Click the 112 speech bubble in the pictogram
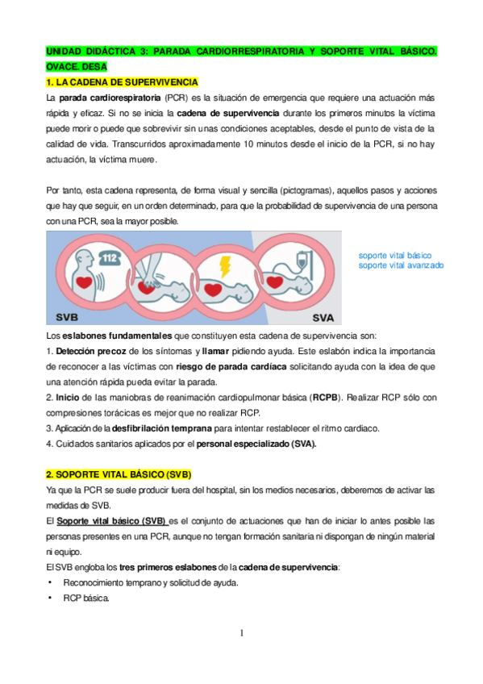coord(110,258)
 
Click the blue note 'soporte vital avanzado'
coord(401,265)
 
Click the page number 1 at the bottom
coord(241,633)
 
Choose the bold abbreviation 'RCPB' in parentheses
coord(326,398)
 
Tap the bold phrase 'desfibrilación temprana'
coord(163,427)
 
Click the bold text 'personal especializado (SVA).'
coord(256,443)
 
